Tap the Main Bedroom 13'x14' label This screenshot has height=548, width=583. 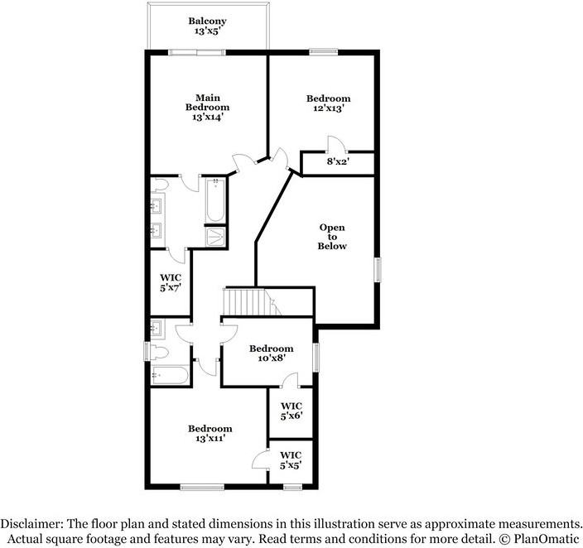207,107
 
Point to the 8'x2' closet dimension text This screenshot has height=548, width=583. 338,162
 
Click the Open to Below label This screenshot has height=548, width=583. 333,237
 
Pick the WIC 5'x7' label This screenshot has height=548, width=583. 171,281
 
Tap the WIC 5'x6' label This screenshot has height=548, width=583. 291,411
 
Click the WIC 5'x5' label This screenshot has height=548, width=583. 290,460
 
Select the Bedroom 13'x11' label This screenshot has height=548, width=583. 210,433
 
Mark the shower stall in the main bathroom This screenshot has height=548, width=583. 216,237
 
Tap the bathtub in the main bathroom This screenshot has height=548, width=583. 216,199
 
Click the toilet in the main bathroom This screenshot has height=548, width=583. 161,184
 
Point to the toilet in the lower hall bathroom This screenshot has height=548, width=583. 159,352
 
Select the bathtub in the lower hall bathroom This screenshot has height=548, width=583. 169,375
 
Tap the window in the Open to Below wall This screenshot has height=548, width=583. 378,271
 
